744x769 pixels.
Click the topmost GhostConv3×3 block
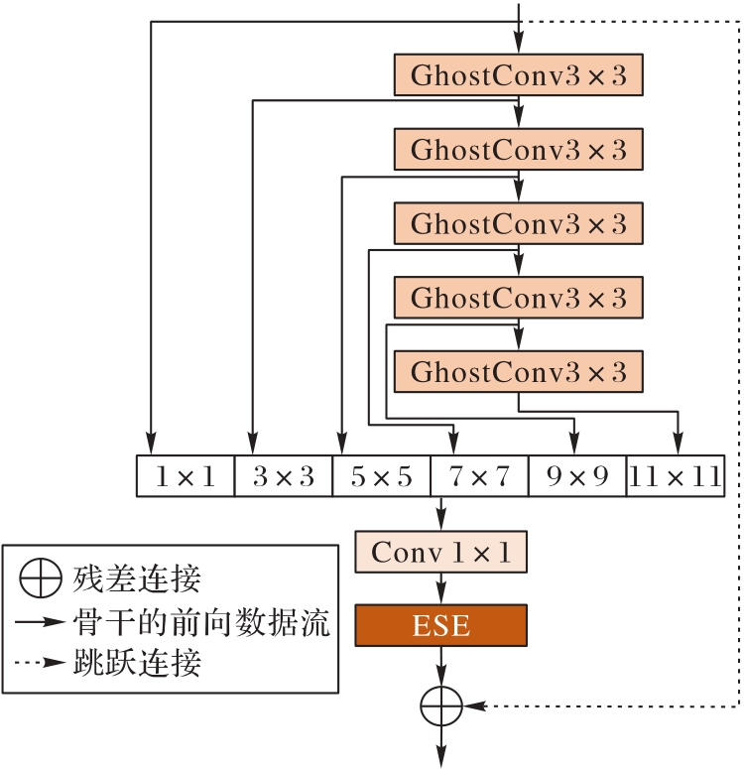[519, 75]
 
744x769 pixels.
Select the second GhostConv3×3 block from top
[519, 150]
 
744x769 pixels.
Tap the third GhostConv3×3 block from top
[519, 223]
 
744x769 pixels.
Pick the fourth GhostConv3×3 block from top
[519, 297]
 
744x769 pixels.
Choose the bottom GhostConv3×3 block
[519, 371]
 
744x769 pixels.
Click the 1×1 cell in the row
[185, 476]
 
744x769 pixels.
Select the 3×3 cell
[283, 476]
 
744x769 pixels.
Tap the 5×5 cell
[381, 476]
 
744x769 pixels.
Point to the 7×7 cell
[479, 476]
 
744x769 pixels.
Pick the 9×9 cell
[576, 476]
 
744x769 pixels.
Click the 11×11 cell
[675, 476]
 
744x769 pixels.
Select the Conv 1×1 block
[441, 552]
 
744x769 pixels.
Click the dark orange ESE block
[441, 626]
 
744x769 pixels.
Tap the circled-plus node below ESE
[441, 705]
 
